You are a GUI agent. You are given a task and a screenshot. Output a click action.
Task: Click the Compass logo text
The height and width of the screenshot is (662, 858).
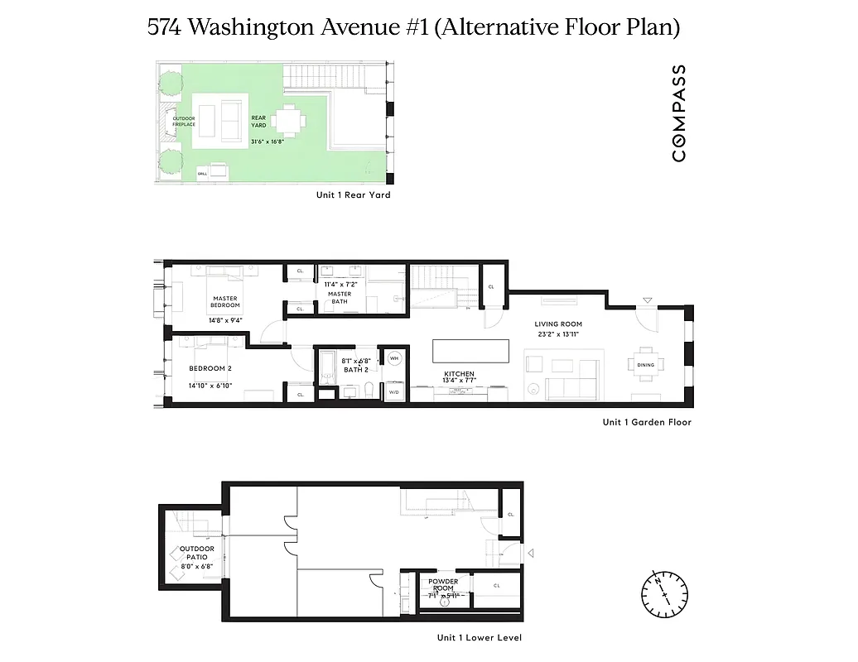click(678, 113)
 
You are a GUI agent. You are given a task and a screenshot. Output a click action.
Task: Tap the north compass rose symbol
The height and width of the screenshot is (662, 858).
click(664, 592)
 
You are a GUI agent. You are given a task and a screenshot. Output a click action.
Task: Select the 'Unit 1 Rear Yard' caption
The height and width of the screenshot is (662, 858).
click(353, 195)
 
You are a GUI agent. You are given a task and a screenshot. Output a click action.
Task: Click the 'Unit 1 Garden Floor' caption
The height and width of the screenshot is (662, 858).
click(647, 422)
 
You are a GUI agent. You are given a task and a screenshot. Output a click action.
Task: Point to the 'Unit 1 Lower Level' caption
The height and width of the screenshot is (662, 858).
click(480, 637)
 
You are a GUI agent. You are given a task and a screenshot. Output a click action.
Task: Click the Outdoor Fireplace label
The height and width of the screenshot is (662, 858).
click(184, 121)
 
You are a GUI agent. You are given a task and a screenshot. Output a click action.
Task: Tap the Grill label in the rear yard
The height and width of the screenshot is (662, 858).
click(202, 174)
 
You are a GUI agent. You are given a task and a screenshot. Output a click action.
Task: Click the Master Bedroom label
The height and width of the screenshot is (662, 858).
click(225, 302)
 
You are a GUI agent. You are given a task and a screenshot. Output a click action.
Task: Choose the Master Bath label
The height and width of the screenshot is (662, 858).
click(340, 297)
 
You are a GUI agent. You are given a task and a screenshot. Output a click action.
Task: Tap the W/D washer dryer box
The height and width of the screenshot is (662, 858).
click(393, 391)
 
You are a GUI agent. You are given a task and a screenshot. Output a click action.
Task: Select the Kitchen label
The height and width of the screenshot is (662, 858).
click(459, 374)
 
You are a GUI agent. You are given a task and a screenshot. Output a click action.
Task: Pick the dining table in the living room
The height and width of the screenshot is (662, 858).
click(645, 364)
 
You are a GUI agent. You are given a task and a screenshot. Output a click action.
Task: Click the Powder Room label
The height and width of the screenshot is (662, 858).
click(443, 585)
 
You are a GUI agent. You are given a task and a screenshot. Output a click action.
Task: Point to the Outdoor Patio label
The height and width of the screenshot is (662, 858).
click(197, 553)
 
